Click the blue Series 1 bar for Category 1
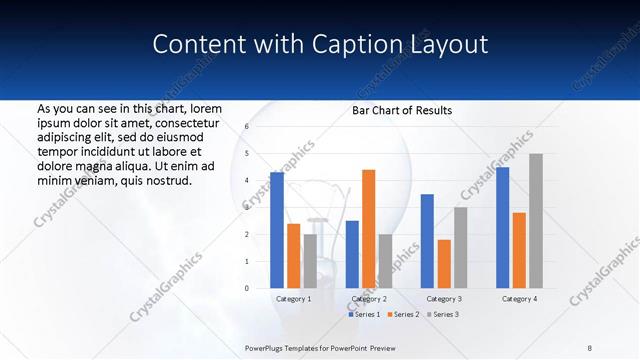coord(277,230)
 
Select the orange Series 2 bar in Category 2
coord(368,229)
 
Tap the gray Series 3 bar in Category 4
coord(536,221)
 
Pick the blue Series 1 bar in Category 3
coord(427,241)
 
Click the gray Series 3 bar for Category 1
coord(310,261)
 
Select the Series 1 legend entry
coord(366,315)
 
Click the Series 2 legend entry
coord(403,315)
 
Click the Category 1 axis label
coord(293,299)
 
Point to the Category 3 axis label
coord(444,299)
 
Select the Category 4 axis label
coord(519,299)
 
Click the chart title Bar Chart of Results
coord(402,110)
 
